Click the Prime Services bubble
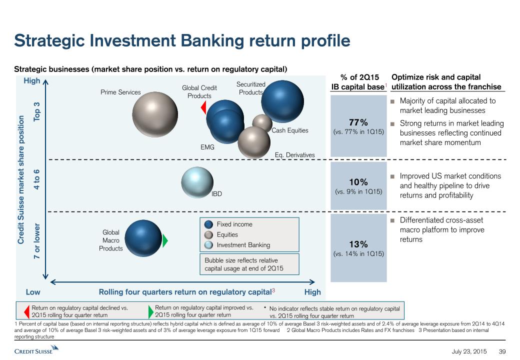[155, 114]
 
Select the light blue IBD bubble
[197, 182]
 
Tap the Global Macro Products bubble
[143, 238]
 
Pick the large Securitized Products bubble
[282, 101]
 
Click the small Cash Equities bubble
[262, 122]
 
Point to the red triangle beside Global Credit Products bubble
[203, 107]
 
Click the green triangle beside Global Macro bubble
[165, 240]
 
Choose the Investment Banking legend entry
[237, 245]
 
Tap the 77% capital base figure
[358, 122]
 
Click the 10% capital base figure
[358, 182]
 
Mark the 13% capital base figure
[358, 244]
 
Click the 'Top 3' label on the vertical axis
[36, 111]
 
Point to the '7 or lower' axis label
[36, 241]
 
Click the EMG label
[207, 147]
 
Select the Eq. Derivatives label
[295, 155]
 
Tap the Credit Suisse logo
[36, 349]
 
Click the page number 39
[502, 351]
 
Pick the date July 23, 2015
[469, 351]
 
